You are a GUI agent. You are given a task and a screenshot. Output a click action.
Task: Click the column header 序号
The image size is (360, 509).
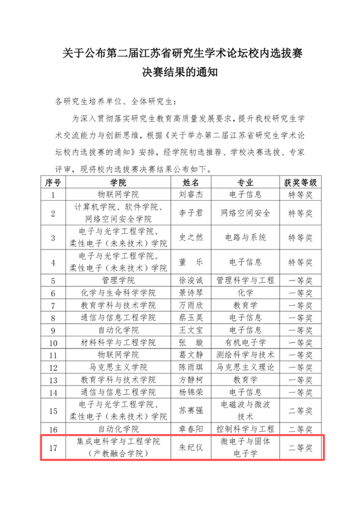pos(53,182)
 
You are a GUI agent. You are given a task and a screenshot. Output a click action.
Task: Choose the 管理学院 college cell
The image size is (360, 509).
pos(118,280)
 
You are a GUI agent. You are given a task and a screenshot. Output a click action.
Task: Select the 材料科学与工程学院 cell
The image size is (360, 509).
pos(118,342)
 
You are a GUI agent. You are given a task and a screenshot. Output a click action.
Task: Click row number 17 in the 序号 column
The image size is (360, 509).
pos(53,447)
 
